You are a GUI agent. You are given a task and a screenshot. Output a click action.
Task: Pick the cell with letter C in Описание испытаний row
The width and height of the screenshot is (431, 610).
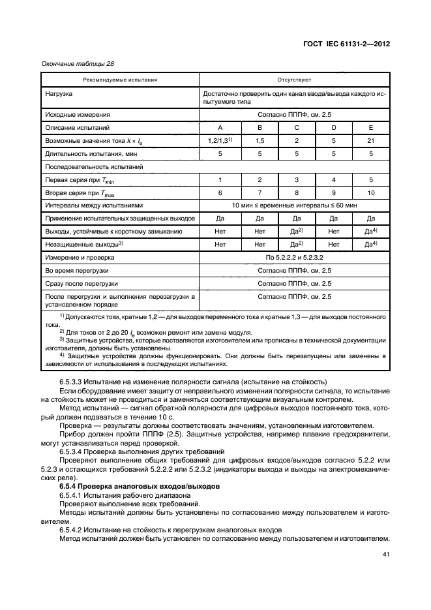pyautogui.click(x=297, y=127)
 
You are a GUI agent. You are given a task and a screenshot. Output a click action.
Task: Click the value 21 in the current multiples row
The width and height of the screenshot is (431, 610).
pyautogui.click(x=371, y=140)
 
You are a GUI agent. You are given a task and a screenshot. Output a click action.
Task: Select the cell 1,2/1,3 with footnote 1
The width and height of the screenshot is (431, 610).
pyautogui.click(x=220, y=140)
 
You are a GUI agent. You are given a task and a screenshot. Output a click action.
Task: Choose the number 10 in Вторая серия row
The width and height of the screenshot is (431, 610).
pyautogui.click(x=371, y=192)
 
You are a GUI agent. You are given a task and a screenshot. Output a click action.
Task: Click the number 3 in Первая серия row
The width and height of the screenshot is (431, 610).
pyautogui.click(x=297, y=179)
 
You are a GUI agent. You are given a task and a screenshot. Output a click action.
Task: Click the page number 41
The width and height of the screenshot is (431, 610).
pyautogui.click(x=385, y=557)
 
